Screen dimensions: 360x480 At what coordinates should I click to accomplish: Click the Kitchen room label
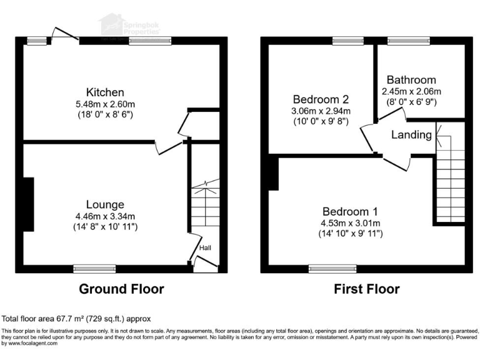[x=105, y=92]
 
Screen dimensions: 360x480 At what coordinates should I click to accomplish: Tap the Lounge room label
[x=105, y=204]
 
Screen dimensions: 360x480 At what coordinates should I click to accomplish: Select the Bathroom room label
[x=411, y=80]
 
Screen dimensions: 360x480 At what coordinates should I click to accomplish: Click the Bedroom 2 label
[x=321, y=99]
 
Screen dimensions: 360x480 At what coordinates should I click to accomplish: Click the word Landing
[x=411, y=134]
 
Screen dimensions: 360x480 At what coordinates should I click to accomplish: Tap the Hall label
[x=205, y=248]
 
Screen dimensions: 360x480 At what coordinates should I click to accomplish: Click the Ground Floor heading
[x=121, y=289]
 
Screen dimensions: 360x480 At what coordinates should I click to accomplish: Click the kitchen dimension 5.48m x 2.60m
[x=105, y=104]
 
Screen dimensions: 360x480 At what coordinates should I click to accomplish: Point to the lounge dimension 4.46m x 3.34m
[x=105, y=216]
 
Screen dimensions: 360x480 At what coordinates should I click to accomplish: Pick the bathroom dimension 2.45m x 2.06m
[x=411, y=91]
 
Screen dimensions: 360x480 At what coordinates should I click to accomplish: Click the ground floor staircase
[x=205, y=206]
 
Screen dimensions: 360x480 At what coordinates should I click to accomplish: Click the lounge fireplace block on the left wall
[x=28, y=204]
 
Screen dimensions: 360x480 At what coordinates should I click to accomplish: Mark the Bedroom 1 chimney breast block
[x=272, y=173]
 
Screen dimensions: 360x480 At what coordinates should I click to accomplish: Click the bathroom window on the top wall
[x=404, y=41]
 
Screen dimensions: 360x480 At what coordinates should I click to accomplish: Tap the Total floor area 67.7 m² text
[x=76, y=318]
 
